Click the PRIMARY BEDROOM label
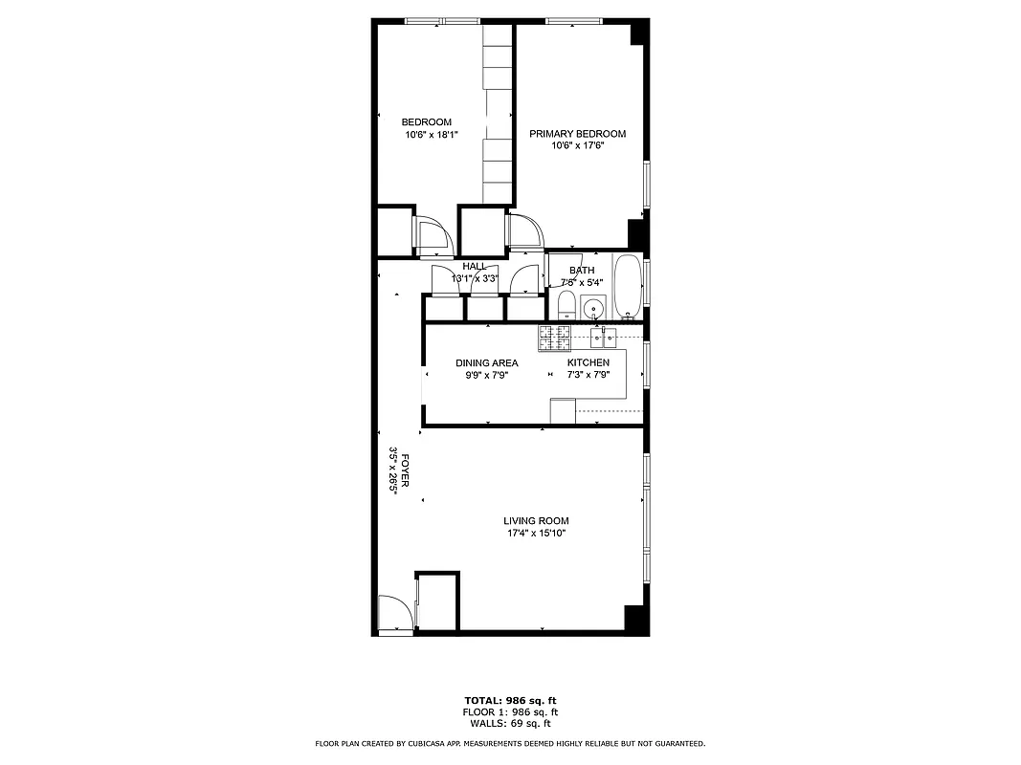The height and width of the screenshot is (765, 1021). [578, 134]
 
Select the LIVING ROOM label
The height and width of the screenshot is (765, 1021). [536, 521]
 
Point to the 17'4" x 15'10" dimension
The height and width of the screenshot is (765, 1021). [536, 534]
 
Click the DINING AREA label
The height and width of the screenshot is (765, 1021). [486, 363]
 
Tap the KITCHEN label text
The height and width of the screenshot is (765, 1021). [588, 363]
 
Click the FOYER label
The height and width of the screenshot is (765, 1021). [406, 470]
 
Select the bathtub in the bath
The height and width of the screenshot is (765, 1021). [628, 286]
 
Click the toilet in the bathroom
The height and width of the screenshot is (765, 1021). [566, 306]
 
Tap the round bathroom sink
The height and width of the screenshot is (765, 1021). [594, 309]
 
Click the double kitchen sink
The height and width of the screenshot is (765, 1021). [603, 337]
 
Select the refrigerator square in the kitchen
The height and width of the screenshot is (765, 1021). [563, 410]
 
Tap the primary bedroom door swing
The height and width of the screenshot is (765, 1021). [525, 232]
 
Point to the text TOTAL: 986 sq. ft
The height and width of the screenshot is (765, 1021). [510, 700]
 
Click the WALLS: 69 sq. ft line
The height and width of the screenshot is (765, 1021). [510, 724]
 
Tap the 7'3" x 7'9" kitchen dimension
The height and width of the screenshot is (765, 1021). [588, 375]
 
